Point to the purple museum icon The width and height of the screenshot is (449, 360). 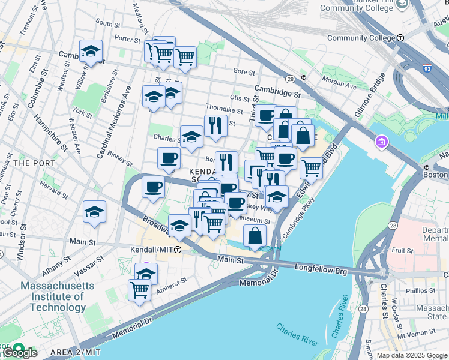(x=381, y=143)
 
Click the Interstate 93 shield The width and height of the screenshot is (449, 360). (x=427, y=68)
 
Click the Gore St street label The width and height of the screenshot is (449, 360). (x=244, y=71)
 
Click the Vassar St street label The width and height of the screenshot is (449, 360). (x=89, y=265)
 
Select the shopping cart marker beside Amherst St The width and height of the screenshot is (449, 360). (x=140, y=290)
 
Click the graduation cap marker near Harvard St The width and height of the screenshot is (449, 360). (x=94, y=212)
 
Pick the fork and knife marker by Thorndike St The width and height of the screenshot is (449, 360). (x=215, y=125)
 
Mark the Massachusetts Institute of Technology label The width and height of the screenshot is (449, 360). (x=53, y=296)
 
